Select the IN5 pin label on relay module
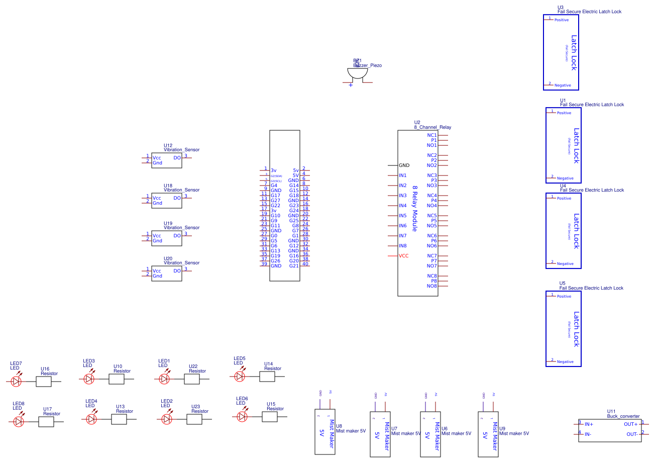(x=402, y=216)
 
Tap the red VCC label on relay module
(x=403, y=256)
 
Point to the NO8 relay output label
(x=431, y=286)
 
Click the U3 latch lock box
(x=561, y=52)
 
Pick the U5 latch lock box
(x=563, y=329)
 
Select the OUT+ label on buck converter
(x=630, y=424)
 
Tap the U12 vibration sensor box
(x=166, y=160)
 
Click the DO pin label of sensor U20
(x=177, y=271)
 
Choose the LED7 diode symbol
(x=17, y=382)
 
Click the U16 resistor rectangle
(x=44, y=382)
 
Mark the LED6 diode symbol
(x=242, y=417)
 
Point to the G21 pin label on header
(x=294, y=266)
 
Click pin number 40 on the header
(x=305, y=264)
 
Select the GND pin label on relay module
(x=404, y=165)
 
